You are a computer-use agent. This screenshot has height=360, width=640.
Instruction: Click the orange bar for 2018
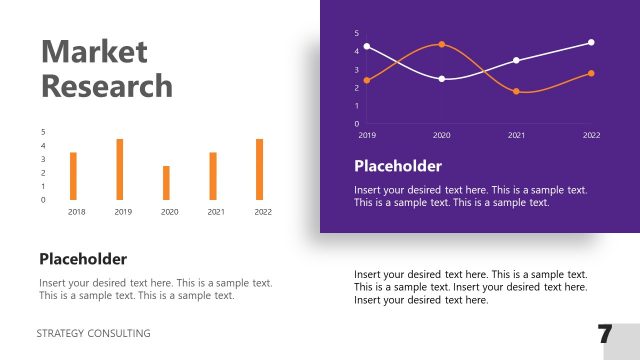[x=73, y=176]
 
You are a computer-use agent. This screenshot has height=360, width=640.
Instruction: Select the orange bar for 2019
[x=120, y=169]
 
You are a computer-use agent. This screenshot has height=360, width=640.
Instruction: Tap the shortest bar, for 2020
[x=167, y=183]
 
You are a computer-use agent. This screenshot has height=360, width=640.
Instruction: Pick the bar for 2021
[x=213, y=176]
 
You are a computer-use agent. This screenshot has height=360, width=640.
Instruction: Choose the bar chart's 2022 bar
[x=260, y=169]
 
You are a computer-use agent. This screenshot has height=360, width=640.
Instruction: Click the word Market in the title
[x=94, y=52]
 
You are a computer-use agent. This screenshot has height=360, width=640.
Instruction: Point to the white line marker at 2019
[x=367, y=46]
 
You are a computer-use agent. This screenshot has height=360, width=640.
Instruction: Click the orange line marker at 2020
[x=442, y=44]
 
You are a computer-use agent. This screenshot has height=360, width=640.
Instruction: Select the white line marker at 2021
[x=516, y=60]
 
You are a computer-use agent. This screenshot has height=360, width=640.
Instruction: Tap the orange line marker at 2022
[x=591, y=73]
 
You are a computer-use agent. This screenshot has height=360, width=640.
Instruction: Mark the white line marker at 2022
[x=591, y=42]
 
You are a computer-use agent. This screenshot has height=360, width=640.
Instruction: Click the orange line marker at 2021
[x=516, y=91]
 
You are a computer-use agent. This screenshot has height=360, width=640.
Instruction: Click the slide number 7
[x=605, y=335]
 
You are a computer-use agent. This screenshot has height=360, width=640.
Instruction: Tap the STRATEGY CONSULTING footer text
[x=94, y=333]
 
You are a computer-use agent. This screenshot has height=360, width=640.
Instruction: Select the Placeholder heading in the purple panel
[x=397, y=166]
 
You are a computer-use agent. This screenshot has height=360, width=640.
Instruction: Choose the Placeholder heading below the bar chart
[x=83, y=259]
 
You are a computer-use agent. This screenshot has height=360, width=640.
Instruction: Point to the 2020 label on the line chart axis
[x=442, y=134]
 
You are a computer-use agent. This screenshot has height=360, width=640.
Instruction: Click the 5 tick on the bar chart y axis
[x=43, y=132]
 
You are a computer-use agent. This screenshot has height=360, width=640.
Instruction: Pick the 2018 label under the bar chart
[x=76, y=212]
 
